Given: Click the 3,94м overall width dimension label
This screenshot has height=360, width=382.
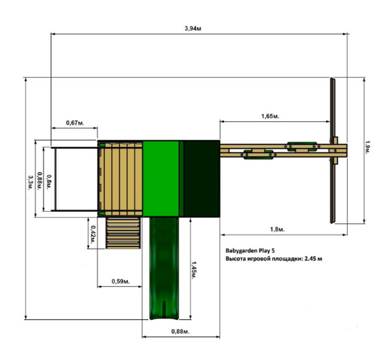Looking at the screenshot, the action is [x=193, y=28].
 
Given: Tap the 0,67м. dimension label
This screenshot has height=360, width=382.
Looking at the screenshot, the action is [x=75, y=123].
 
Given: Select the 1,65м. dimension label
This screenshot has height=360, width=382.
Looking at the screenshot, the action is [x=270, y=116].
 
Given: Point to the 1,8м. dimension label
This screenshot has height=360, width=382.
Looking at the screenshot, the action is [x=277, y=229].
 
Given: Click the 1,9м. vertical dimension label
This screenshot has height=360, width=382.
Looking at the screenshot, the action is [x=368, y=147].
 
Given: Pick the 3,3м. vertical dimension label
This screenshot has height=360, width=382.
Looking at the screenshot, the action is [x=30, y=183].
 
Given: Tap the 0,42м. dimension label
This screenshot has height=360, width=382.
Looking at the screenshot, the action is [x=93, y=234].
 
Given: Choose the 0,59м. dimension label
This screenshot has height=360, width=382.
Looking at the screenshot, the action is [x=121, y=282].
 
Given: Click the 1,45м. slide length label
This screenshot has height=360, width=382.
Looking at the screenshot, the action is [x=194, y=270].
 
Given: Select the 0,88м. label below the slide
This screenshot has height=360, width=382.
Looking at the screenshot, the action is [x=180, y=331].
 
